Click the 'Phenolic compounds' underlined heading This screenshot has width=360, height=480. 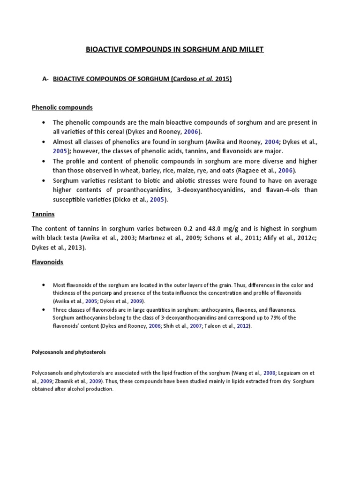click(62, 107)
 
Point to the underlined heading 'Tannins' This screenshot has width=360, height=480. click(43, 214)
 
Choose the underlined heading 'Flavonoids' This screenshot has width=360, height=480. click(47, 262)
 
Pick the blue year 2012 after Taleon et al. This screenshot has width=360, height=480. click(243, 326)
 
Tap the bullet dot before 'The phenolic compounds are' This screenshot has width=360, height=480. click(44, 123)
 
